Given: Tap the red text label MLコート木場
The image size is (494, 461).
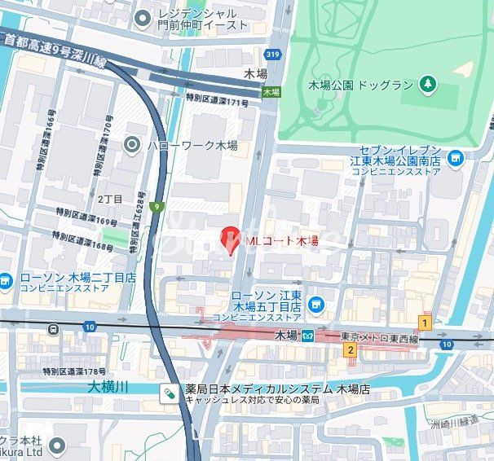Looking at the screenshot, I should pyautogui.click(x=281, y=241).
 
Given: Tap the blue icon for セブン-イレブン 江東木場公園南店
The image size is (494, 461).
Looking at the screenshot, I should pyautogui.click(x=455, y=157).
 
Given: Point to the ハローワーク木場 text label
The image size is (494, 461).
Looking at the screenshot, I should pyautogui.click(x=192, y=145).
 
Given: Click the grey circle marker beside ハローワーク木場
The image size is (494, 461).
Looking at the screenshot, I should pyautogui.click(x=132, y=145).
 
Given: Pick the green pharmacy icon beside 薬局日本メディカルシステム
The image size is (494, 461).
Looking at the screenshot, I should pyautogui.click(x=169, y=392).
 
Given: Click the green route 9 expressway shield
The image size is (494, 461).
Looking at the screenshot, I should pyautogui.click(x=156, y=206).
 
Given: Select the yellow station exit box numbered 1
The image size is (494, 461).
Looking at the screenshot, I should pyautogui.click(x=423, y=321).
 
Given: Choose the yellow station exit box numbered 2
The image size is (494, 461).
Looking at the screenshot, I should pyautogui.click(x=350, y=350).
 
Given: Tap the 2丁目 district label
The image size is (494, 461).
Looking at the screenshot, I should pyautogui.click(x=110, y=199).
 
